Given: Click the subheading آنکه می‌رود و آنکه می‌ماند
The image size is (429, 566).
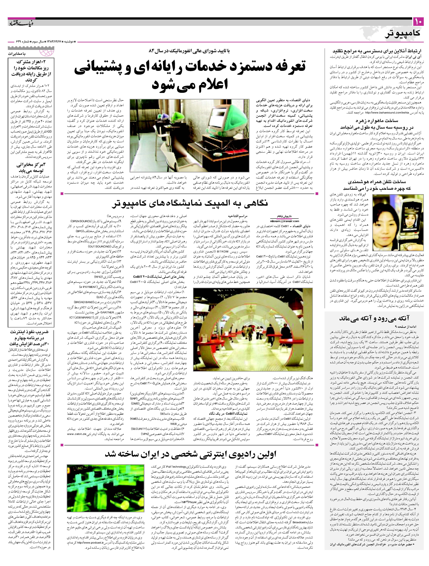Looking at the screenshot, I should (x=374, y=318).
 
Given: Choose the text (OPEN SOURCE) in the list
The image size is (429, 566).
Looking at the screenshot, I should (x=81, y=221).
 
